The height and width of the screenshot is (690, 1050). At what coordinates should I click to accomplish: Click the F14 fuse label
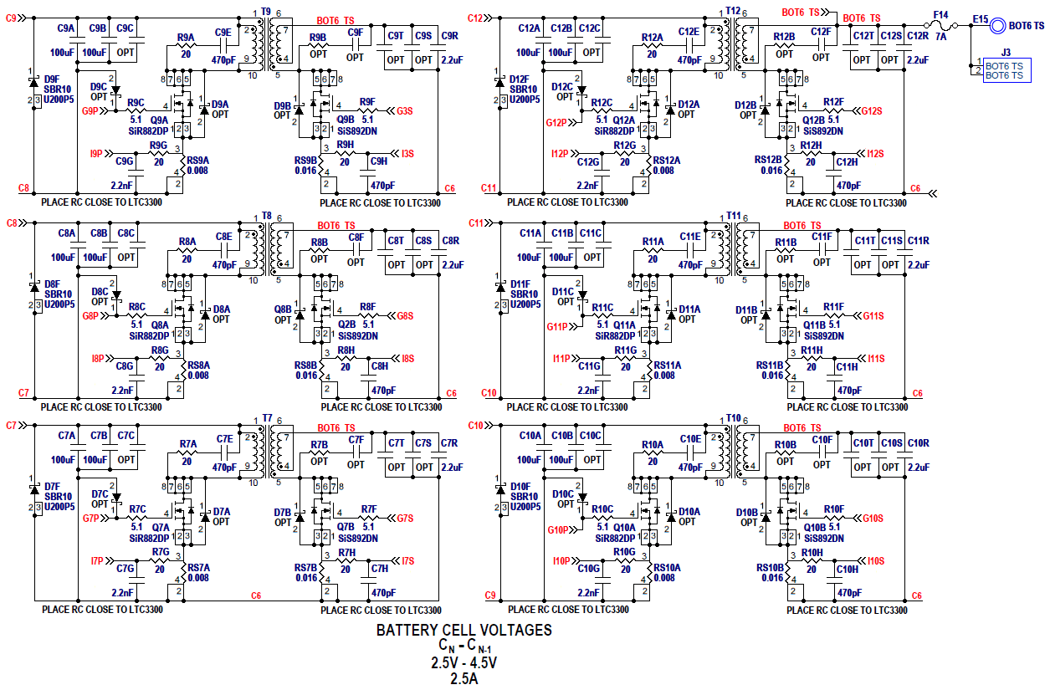(940, 14)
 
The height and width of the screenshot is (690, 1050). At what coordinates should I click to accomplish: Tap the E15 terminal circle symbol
(997, 26)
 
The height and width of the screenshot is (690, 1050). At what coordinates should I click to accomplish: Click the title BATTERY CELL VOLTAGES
(464, 630)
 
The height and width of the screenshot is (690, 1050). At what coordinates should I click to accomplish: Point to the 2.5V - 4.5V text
(464, 663)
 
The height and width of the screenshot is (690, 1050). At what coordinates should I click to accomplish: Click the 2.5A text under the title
(464, 679)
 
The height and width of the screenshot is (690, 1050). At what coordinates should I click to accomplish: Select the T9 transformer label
(266, 12)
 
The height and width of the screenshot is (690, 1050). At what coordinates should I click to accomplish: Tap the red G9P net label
(90, 110)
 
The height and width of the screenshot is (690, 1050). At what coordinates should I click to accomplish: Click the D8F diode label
(53, 284)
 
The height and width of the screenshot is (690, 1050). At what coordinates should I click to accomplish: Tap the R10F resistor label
(833, 509)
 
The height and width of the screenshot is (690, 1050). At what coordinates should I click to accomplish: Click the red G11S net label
(873, 315)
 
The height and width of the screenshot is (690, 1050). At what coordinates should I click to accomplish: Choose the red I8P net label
(97, 358)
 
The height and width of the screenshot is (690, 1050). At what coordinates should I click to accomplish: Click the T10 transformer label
(733, 417)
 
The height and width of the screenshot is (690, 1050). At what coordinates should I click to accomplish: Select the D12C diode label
(561, 86)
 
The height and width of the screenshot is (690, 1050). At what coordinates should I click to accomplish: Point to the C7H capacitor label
(380, 569)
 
